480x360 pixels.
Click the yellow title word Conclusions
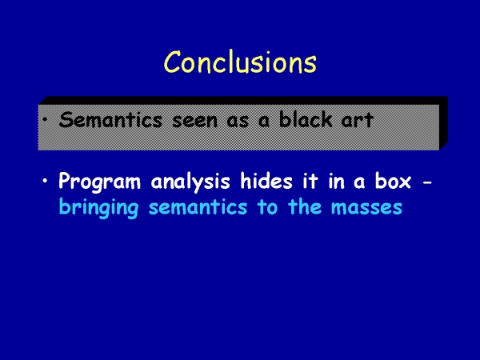tap(240, 62)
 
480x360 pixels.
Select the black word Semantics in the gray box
tap(110, 119)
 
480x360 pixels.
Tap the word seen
tap(195, 122)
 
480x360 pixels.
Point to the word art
tap(358, 120)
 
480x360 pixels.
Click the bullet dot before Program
tap(46, 180)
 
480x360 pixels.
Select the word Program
tap(99, 182)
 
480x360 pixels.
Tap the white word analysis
tap(190, 182)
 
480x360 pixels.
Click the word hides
tap(266, 181)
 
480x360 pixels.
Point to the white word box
tap(393, 181)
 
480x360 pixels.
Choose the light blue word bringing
tap(98, 208)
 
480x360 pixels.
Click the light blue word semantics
tap(198, 207)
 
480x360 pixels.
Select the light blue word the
tap(305, 206)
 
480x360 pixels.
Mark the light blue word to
tap(267, 207)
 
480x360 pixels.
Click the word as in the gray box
tap(238, 122)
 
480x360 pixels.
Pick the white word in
tap(337, 181)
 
